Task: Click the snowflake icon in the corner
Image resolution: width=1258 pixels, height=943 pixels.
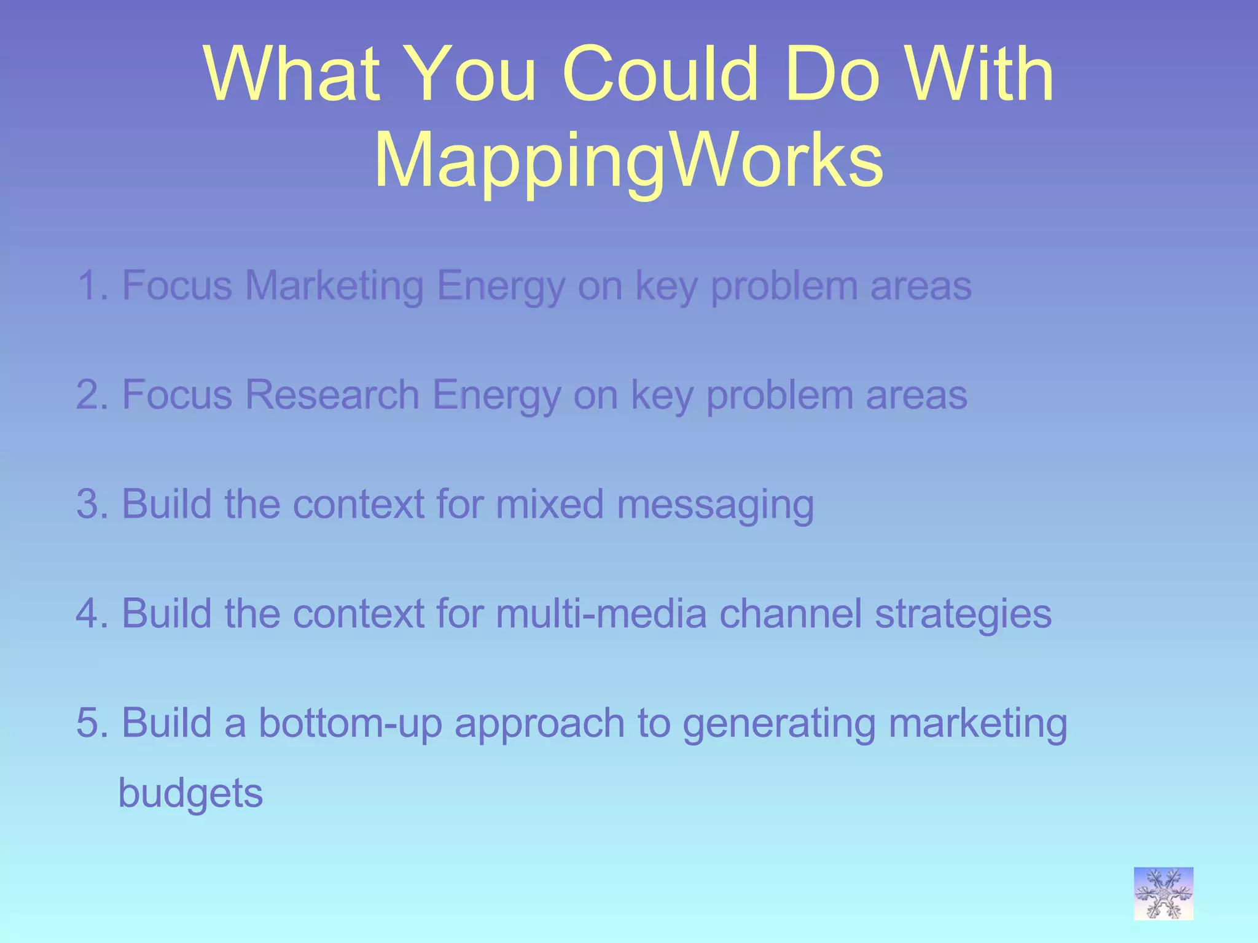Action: [x=1163, y=893]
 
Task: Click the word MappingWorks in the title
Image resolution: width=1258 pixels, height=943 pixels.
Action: [x=628, y=161]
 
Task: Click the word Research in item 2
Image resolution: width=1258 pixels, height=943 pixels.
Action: [x=332, y=395]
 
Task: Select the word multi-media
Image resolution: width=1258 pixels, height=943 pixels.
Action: [x=601, y=613]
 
